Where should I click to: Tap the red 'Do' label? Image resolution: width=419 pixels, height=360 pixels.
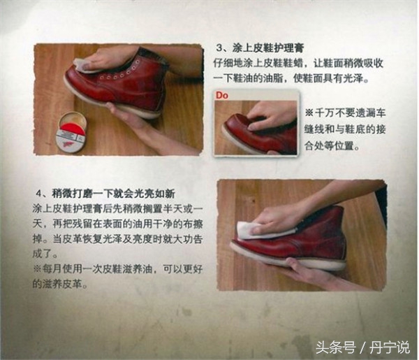pyautogui.click(x=221, y=94)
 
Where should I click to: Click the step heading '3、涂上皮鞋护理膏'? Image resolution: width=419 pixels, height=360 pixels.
pyautogui.click(x=259, y=48)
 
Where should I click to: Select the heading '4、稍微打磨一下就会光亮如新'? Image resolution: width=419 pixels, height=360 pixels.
pyautogui.click(x=105, y=193)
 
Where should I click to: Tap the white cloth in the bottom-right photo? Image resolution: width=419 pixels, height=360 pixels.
pyautogui.click(x=248, y=227)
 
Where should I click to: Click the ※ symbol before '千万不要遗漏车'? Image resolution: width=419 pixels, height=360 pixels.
pyautogui.click(x=309, y=113)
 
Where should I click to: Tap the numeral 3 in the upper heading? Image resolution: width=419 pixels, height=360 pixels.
pyautogui.click(x=219, y=48)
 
